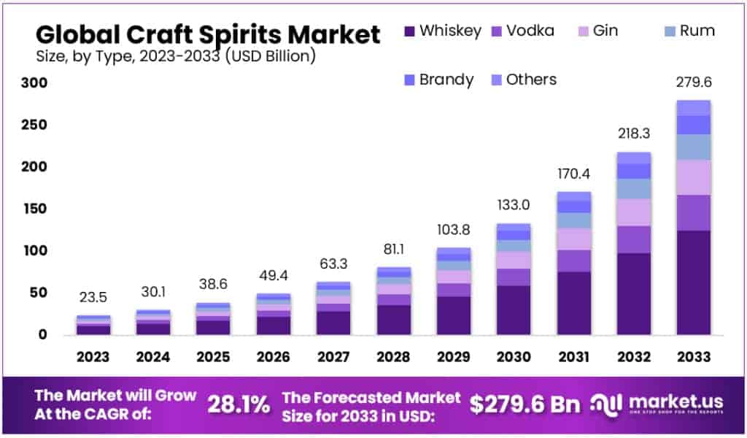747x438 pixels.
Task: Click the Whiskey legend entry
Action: (442, 31)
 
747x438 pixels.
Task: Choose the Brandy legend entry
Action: (438, 79)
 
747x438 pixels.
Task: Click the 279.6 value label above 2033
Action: (693, 82)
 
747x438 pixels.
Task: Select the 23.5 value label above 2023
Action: (94, 298)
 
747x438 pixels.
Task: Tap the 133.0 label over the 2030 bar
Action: (514, 205)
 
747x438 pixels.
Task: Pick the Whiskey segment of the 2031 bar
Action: (573, 303)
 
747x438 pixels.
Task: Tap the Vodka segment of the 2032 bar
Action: (633, 239)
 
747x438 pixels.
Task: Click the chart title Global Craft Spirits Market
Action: (208, 34)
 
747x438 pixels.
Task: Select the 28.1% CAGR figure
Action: (239, 405)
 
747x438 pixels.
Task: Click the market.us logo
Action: (652, 405)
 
